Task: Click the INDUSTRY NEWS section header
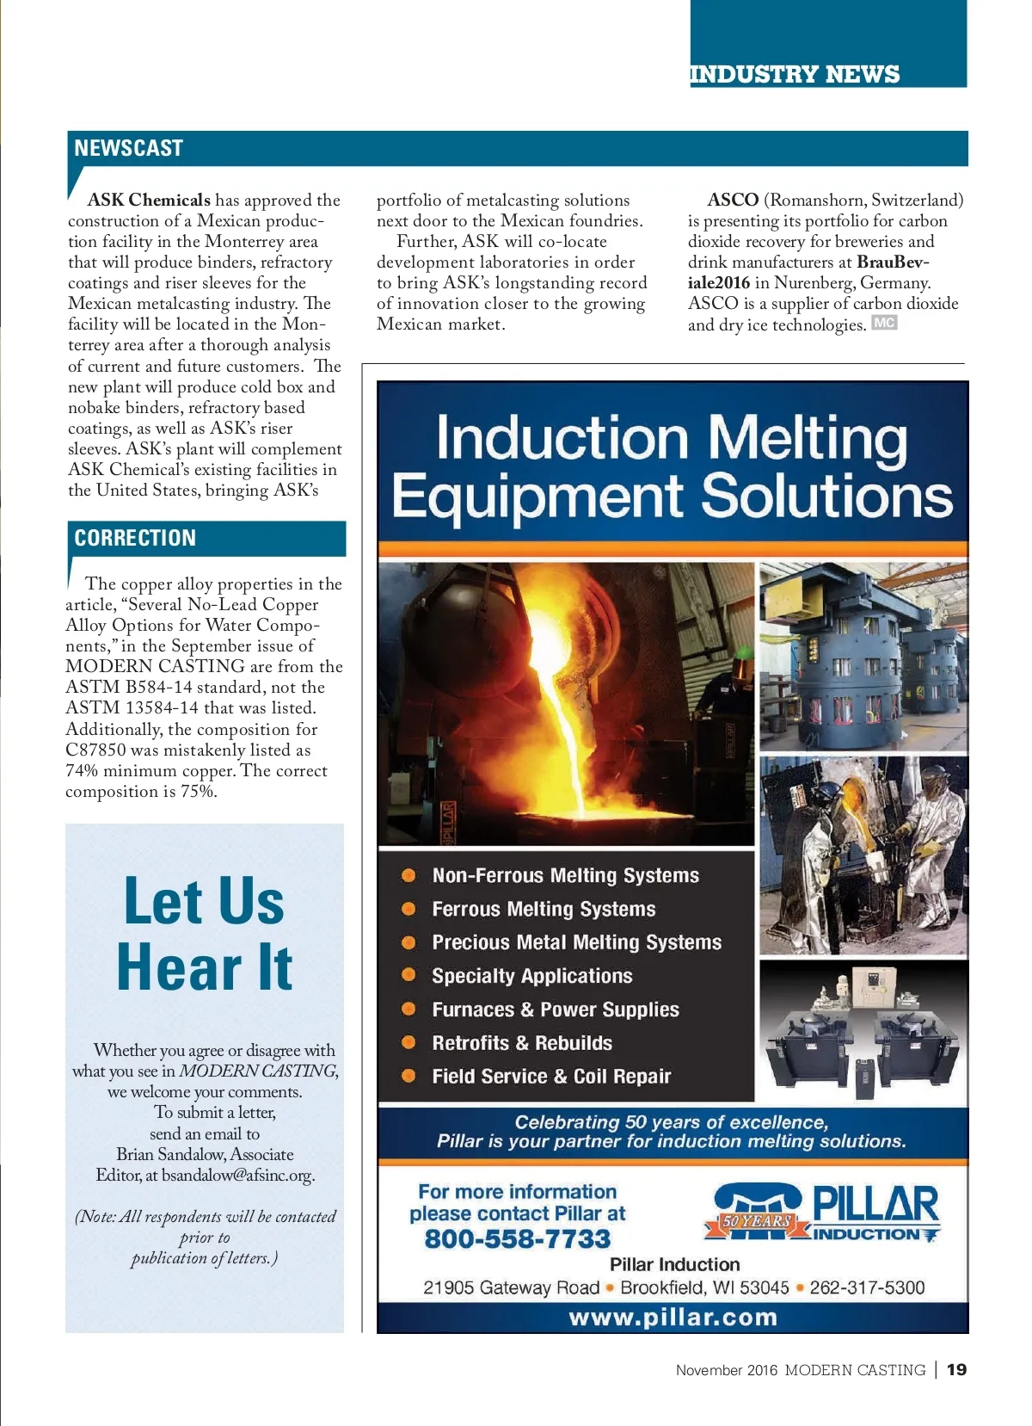click(x=794, y=74)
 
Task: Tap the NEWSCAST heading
click(x=128, y=148)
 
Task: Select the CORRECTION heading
click(x=135, y=538)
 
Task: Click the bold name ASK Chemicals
click(x=149, y=200)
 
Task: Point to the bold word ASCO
click(x=733, y=200)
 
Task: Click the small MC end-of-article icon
click(x=884, y=324)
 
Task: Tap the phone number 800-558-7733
click(x=517, y=1238)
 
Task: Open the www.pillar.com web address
click(x=673, y=1318)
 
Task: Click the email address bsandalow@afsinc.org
click(x=238, y=1175)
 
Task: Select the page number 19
click(x=956, y=1369)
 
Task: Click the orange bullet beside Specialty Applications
click(x=409, y=975)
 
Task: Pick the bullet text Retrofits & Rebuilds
click(x=522, y=1043)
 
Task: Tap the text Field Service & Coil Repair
click(x=551, y=1077)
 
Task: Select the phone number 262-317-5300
click(x=867, y=1287)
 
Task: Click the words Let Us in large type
click(x=204, y=902)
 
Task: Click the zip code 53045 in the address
click(x=765, y=1287)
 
